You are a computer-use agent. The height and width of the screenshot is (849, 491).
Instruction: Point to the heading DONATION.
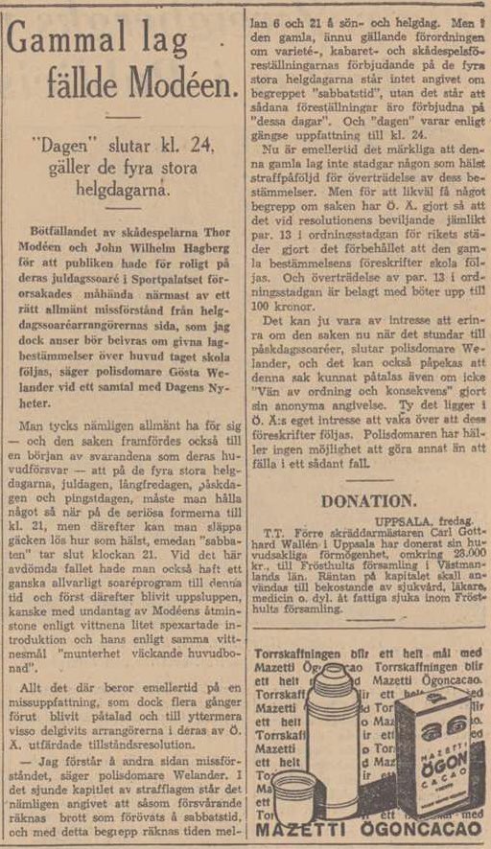[366, 500]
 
